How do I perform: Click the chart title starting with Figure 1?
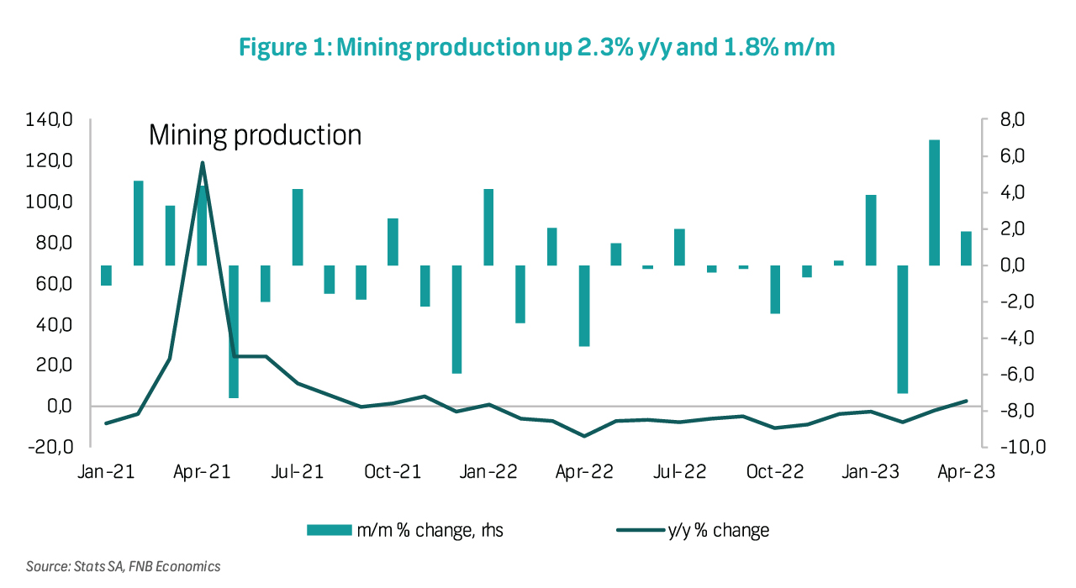pos(537,48)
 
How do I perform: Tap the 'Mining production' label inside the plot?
pos(255,134)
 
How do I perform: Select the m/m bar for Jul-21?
pos(298,227)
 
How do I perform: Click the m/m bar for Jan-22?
pos(488,227)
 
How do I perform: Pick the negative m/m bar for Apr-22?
pos(583,306)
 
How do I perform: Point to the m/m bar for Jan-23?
pos(871,230)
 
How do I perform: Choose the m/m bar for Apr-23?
pos(966,249)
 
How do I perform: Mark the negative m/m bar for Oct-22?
pos(775,290)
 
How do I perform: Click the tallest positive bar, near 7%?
pos(934,202)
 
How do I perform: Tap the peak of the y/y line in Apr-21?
pos(203,163)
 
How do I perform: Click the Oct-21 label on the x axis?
pos(393,473)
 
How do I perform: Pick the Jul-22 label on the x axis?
pos(679,473)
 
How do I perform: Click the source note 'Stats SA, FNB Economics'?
pos(123,567)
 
